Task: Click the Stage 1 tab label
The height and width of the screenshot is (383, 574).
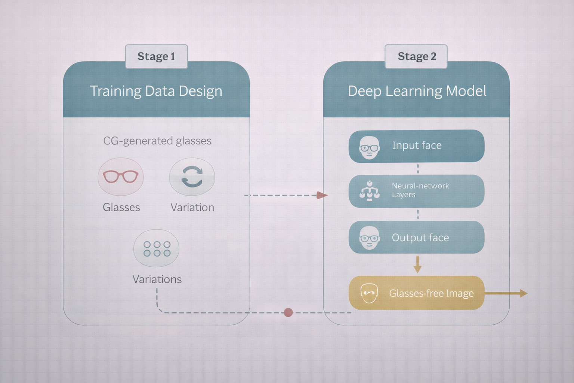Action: click(156, 56)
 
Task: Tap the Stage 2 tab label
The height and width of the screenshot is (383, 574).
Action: click(417, 56)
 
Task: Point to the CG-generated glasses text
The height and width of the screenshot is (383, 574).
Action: click(157, 141)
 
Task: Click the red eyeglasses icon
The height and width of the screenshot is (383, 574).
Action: click(121, 177)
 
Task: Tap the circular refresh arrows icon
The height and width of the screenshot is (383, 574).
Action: click(192, 177)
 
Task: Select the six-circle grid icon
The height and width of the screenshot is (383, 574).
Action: click(157, 249)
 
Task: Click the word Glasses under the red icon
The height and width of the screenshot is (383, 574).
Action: click(121, 207)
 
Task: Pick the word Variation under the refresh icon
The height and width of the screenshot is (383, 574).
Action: click(192, 207)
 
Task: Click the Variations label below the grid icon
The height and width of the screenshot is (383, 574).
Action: click(157, 279)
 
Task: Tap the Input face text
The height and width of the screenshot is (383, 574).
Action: click(417, 145)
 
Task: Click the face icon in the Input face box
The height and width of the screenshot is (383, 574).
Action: click(369, 148)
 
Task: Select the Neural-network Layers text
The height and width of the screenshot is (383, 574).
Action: click(420, 190)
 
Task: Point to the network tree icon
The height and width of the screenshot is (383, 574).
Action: click(369, 191)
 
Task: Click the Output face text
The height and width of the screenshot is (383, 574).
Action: click(420, 238)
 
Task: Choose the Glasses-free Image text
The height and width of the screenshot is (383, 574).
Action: click(431, 293)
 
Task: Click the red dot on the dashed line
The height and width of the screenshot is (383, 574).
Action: click(288, 312)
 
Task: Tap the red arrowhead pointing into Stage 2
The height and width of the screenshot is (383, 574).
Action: click(322, 195)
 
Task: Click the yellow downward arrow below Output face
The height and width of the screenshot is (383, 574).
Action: click(417, 264)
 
